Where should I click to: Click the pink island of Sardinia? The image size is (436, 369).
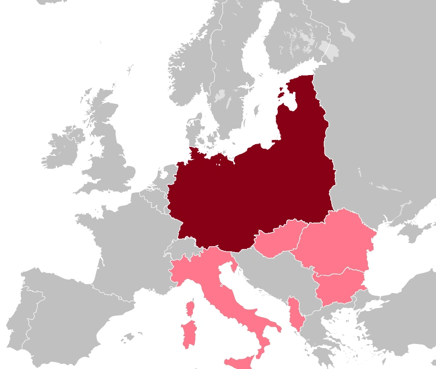[189, 333]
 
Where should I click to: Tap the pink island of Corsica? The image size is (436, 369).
[189, 308]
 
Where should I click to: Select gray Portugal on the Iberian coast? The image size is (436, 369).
[19, 320]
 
